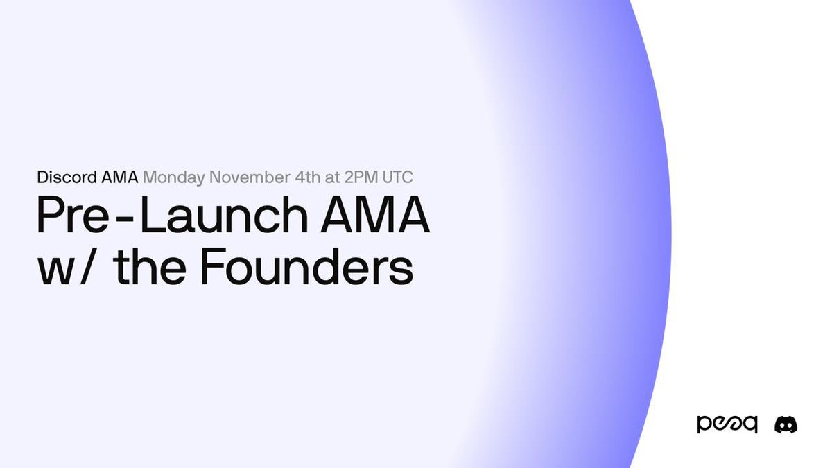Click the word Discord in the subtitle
[67, 177]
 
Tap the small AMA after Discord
[119, 177]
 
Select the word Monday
[173, 178]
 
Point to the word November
[250, 177]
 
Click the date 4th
[308, 177]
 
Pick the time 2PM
[361, 177]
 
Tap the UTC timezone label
[397, 177]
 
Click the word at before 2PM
[332, 178]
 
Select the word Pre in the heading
[73, 215]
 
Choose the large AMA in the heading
[375, 214]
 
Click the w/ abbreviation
[65, 266]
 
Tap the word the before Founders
[150, 266]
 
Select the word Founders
[306, 266]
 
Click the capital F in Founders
[211, 267]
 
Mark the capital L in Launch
[152, 215]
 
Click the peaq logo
[727, 424]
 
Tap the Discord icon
[786, 424]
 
